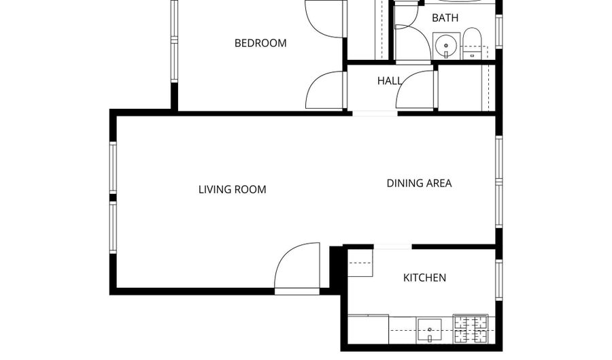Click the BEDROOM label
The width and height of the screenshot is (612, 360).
(x=260, y=43)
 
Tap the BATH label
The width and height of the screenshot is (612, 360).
(x=445, y=18)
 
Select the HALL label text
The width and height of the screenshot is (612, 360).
(x=390, y=81)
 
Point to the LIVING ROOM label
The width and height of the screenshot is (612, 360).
(x=232, y=189)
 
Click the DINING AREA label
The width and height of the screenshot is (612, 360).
(x=419, y=183)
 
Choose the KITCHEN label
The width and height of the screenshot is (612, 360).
(x=425, y=278)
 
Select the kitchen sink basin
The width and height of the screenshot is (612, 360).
(x=430, y=330)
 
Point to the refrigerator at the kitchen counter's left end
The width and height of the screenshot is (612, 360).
(x=368, y=329)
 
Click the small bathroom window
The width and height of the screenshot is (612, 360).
(x=498, y=31)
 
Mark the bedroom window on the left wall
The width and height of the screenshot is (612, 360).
(x=174, y=41)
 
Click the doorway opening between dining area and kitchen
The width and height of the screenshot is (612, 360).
(x=392, y=246)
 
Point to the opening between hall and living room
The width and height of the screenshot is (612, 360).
(x=374, y=113)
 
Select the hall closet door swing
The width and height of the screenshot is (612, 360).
(x=415, y=90)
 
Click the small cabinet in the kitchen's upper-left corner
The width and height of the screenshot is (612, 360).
(x=360, y=263)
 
